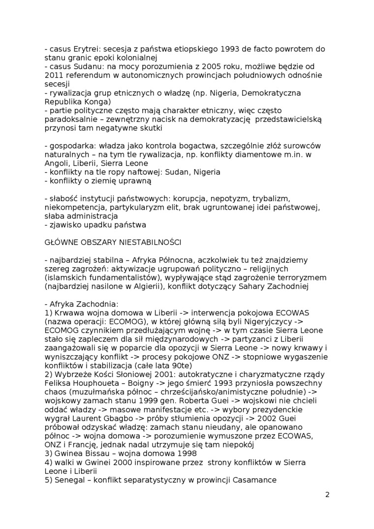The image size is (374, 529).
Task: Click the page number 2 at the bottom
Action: click(x=327, y=495)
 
